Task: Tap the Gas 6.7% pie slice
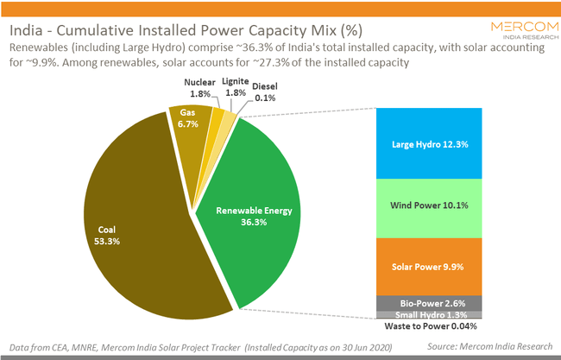click(188, 125)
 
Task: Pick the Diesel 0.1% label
click(265, 92)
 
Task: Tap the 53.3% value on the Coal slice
click(107, 242)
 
